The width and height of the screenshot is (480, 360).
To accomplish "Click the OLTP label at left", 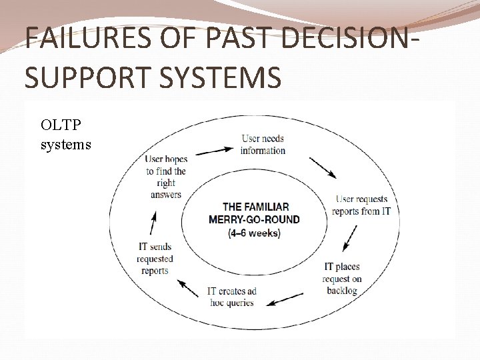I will point(59,125).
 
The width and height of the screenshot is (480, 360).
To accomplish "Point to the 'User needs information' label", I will point(263,145).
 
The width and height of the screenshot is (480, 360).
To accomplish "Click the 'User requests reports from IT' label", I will point(362,205).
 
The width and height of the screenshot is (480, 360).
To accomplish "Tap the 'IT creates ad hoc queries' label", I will point(231,297).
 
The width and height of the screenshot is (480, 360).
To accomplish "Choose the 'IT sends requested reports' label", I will point(155,259).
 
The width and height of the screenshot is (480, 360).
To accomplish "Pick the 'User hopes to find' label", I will point(166,177).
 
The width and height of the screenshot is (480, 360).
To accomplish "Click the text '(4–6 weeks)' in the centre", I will point(254,233).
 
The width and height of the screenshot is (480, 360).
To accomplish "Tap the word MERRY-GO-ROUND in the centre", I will point(254,219).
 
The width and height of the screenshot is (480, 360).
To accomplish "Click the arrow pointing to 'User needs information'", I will point(215,151).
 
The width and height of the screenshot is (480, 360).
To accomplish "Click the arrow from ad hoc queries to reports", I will point(188,287).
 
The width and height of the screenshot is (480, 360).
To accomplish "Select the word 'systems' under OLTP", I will point(65,144).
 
